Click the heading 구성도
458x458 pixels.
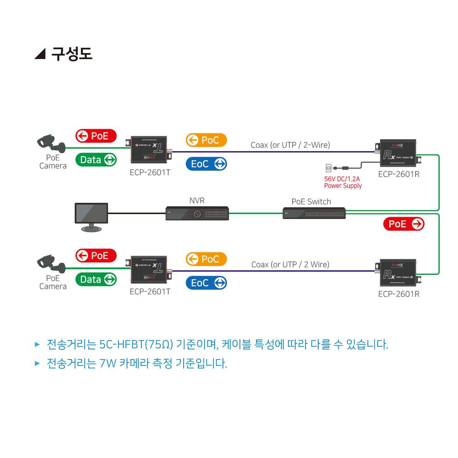click(x=71, y=54)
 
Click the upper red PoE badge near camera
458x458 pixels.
click(x=96, y=136)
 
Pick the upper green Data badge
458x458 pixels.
click(x=96, y=160)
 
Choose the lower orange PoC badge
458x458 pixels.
click(x=206, y=259)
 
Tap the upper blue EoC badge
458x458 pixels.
click(x=206, y=164)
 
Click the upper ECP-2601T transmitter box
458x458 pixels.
click(x=149, y=149)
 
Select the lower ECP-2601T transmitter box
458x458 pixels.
click(x=149, y=269)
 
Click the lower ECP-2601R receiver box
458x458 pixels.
click(x=397, y=273)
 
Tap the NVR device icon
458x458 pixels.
click(x=197, y=213)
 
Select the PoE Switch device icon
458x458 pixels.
click(x=314, y=213)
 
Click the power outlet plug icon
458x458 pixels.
click(x=328, y=168)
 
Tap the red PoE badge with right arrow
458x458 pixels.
click(x=403, y=224)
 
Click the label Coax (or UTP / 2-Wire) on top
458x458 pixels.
click(x=290, y=145)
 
